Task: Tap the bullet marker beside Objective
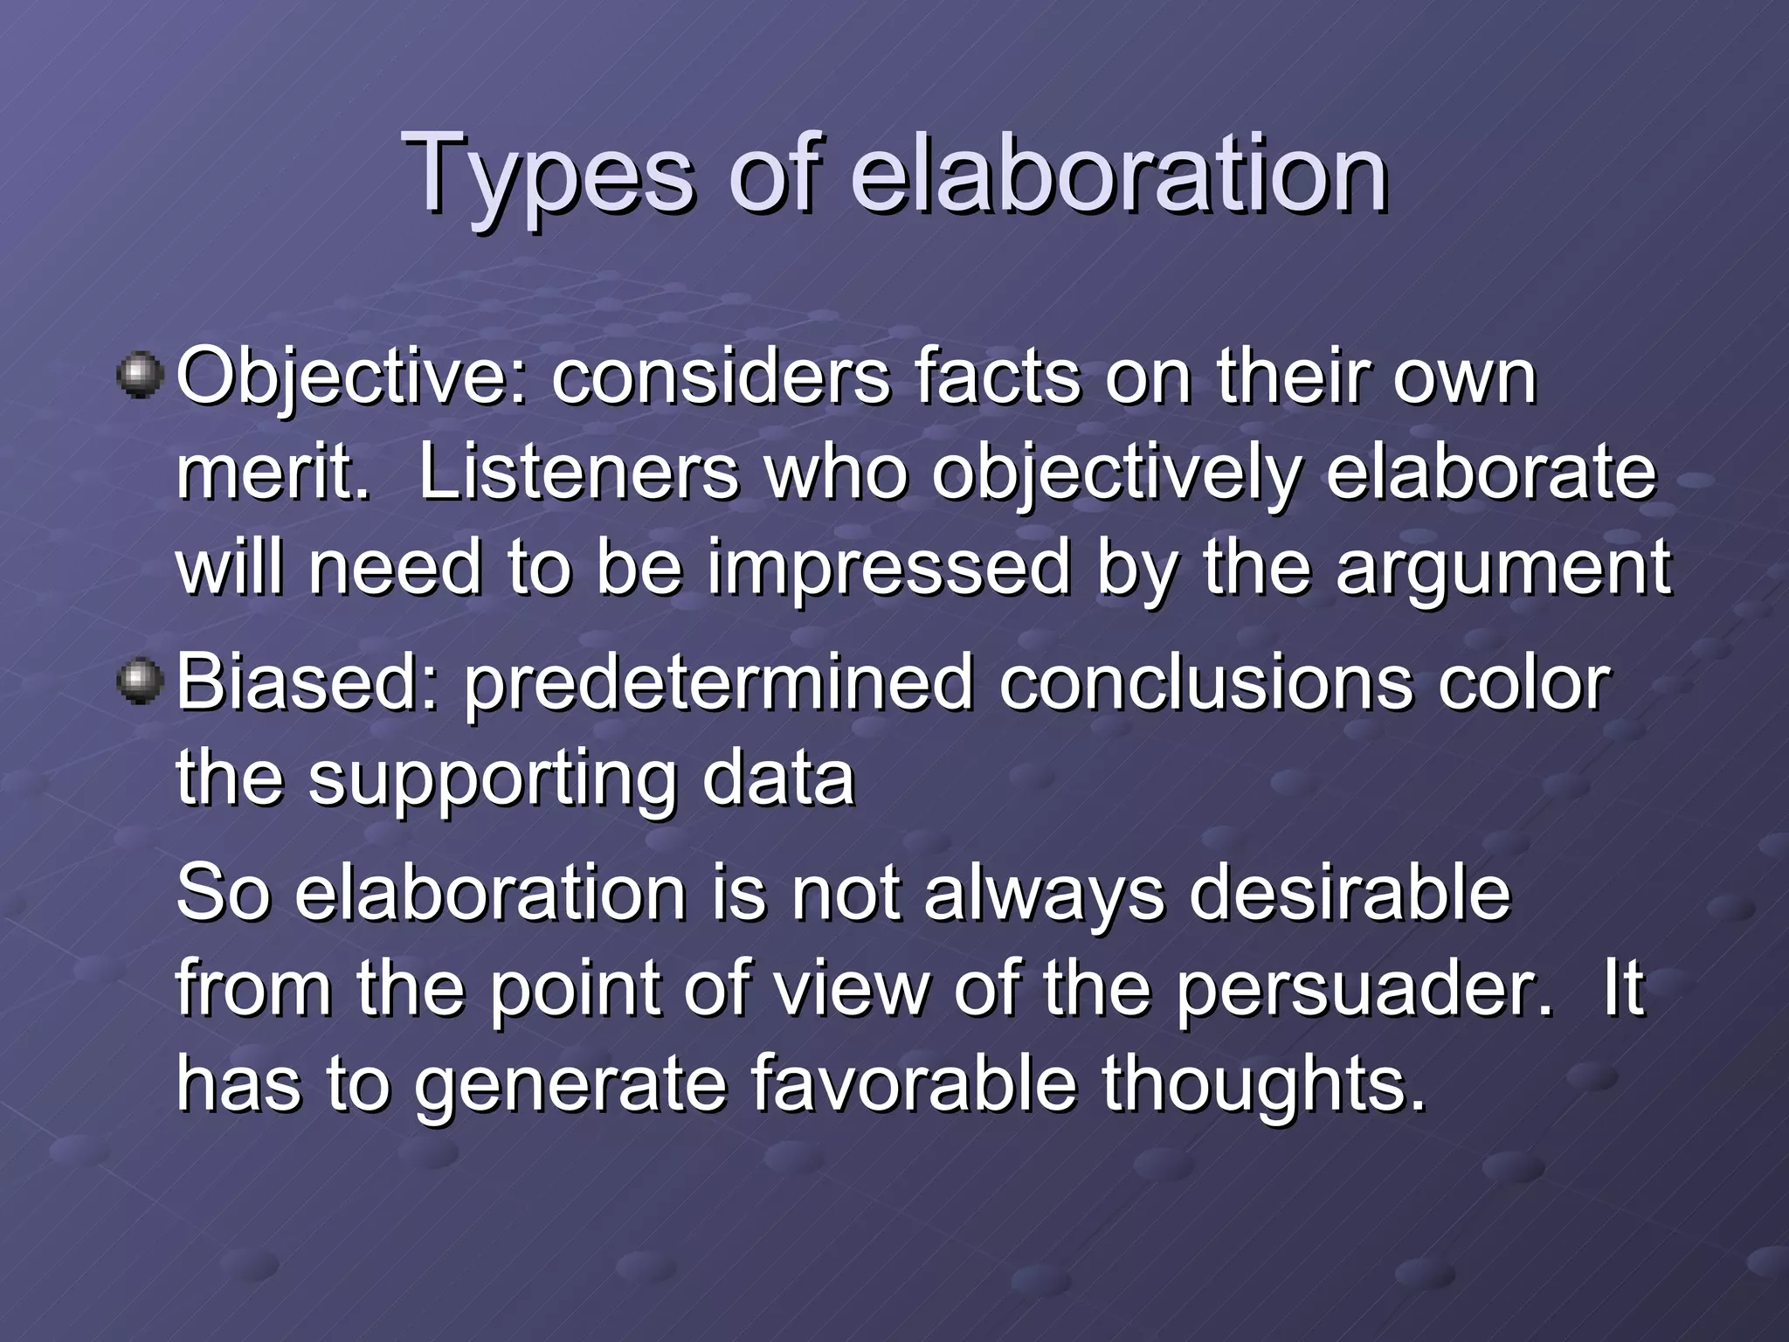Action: tap(140, 377)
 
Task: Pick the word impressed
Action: tap(888, 570)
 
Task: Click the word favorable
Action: tap(913, 1083)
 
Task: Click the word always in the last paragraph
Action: tap(1043, 896)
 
